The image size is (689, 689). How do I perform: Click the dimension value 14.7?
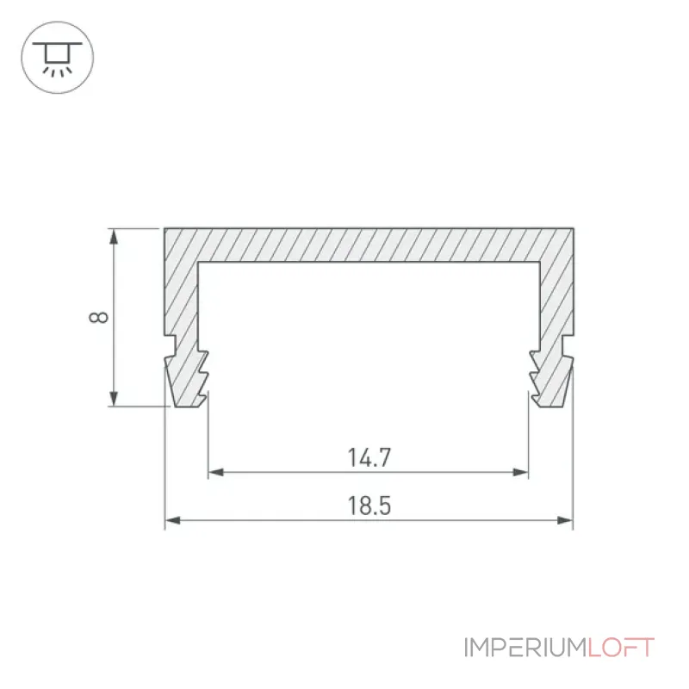tap(369, 457)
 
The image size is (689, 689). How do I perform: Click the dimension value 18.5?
tap(369, 506)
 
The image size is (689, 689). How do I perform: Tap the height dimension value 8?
tap(98, 317)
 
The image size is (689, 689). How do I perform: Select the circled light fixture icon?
tap(58, 57)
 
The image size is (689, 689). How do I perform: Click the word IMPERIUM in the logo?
tap(525, 648)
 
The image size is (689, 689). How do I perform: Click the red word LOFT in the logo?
tap(621, 648)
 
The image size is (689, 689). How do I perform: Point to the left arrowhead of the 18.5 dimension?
tap(173, 521)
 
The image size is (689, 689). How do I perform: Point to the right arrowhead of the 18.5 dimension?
tap(565, 521)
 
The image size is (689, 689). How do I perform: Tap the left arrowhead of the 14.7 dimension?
tap(216, 472)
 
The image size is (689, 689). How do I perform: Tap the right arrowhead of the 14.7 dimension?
tap(520, 472)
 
